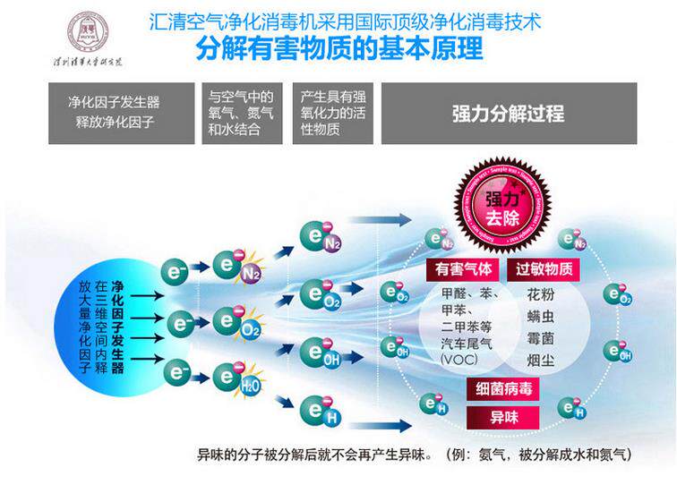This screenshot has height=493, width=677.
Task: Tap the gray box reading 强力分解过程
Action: [x=509, y=114]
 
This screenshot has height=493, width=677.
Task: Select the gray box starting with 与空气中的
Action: [x=241, y=114]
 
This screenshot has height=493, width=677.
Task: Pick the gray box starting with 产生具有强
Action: [x=332, y=114]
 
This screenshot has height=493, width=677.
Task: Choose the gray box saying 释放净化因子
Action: [x=109, y=114]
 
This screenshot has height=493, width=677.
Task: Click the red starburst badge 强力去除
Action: [x=502, y=207]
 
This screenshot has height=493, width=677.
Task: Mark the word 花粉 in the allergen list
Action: [x=540, y=294]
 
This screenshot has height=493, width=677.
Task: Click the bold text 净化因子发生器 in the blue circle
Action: [x=117, y=326]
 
